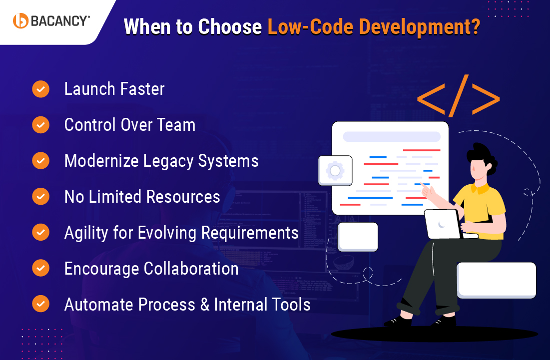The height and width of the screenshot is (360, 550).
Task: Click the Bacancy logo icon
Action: pos(20,20)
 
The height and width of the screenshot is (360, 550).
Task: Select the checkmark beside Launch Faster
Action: pos(40,89)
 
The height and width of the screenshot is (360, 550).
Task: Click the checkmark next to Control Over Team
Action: pos(40,125)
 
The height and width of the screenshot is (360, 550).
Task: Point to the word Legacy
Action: pos(168,161)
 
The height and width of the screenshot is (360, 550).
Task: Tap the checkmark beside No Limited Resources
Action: pos(40,197)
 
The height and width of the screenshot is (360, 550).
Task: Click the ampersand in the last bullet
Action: pos(205,305)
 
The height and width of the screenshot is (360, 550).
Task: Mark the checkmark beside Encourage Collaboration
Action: pos(40,268)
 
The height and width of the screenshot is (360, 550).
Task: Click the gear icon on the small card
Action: pos(335,171)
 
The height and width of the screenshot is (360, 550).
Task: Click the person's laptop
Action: pos(442,224)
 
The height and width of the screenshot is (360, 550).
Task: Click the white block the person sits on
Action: pos(496,280)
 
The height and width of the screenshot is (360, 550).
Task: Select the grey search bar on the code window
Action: pos(391,137)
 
